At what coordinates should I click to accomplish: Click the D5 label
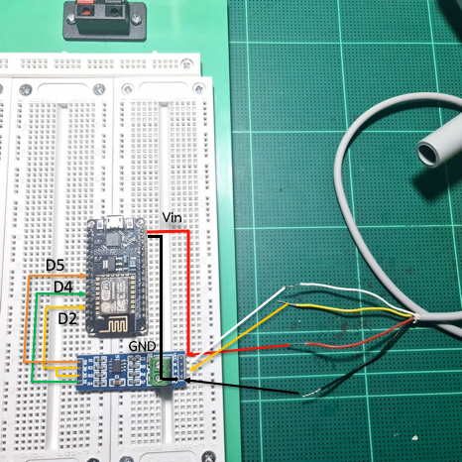pyautogui.click(x=55, y=266)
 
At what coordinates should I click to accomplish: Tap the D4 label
pyautogui.click(x=63, y=288)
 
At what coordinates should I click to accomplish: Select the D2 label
pyautogui.click(x=67, y=318)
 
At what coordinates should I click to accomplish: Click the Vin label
pyautogui.click(x=172, y=217)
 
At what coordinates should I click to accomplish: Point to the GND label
pyautogui.click(x=142, y=346)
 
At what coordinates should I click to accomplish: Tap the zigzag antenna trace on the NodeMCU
pyautogui.click(x=113, y=325)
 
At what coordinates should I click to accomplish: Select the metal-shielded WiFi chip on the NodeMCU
pyautogui.click(x=111, y=295)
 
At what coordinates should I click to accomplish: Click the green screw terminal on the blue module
pyautogui.click(x=160, y=370)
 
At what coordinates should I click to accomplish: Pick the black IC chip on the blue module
pyautogui.click(x=116, y=367)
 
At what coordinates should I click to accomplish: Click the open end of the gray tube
pyautogui.click(x=427, y=152)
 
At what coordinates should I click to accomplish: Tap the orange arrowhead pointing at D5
pyautogui.click(x=84, y=275)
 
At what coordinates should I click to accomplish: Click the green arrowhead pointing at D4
pyautogui.click(x=82, y=293)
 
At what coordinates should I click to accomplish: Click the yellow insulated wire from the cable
pyautogui.click(x=354, y=310)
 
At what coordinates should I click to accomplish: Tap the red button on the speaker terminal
pyautogui.click(x=84, y=12)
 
